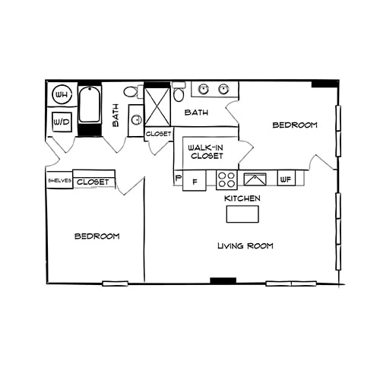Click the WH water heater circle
62,95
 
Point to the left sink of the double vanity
204,90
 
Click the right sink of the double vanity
223,90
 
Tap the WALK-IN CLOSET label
206,151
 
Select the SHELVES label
59,181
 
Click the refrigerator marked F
195,182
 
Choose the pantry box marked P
178,179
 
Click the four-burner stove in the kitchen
226,180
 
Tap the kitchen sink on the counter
255,180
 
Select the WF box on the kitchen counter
287,179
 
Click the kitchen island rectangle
242,214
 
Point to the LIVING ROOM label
245,246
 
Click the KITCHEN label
242,198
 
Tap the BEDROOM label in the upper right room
294,125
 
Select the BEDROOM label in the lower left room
97,236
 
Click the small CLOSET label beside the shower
158,134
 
